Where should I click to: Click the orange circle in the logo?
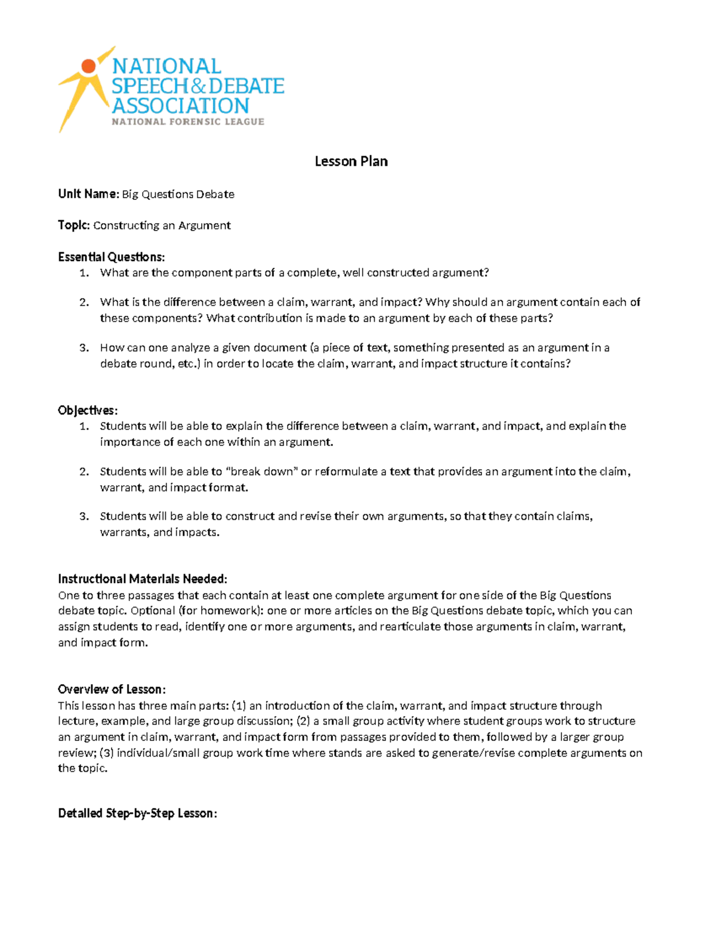click(x=88, y=66)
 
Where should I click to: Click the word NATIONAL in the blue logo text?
click(x=166, y=66)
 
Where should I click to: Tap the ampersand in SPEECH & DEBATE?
click(x=198, y=87)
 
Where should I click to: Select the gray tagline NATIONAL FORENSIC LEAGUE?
click(x=188, y=122)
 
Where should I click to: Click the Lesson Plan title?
click(x=351, y=161)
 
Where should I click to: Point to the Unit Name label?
click(x=88, y=194)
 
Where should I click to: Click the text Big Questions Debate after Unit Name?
click(x=178, y=195)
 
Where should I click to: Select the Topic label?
click(x=74, y=225)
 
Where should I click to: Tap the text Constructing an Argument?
click(x=162, y=226)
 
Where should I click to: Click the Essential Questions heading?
click(x=111, y=257)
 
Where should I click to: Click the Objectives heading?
click(x=88, y=411)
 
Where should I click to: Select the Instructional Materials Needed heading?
click(x=142, y=579)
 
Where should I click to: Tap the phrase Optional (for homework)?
click(x=197, y=611)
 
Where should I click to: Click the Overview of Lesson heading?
click(x=112, y=689)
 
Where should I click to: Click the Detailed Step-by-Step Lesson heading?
click(x=137, y=814)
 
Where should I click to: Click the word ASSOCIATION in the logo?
click(x=180, y=106)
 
